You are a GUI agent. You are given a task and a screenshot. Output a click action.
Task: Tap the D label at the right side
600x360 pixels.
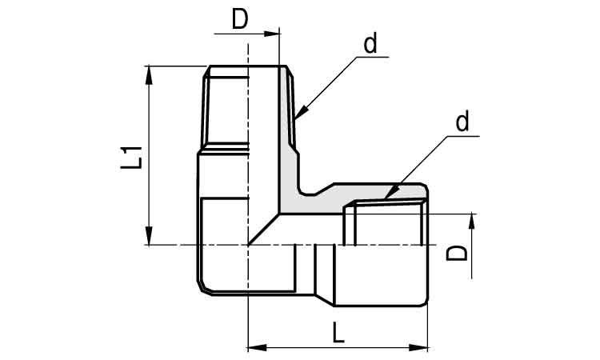457,254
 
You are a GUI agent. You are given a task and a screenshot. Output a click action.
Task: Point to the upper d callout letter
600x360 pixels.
370,45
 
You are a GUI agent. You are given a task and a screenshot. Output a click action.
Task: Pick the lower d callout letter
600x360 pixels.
462,122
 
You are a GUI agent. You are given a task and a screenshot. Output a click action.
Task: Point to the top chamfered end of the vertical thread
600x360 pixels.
248,71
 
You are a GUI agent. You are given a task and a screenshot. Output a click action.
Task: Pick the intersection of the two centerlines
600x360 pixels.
248,245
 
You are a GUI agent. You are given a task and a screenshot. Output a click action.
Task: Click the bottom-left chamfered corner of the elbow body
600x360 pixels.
202,288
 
